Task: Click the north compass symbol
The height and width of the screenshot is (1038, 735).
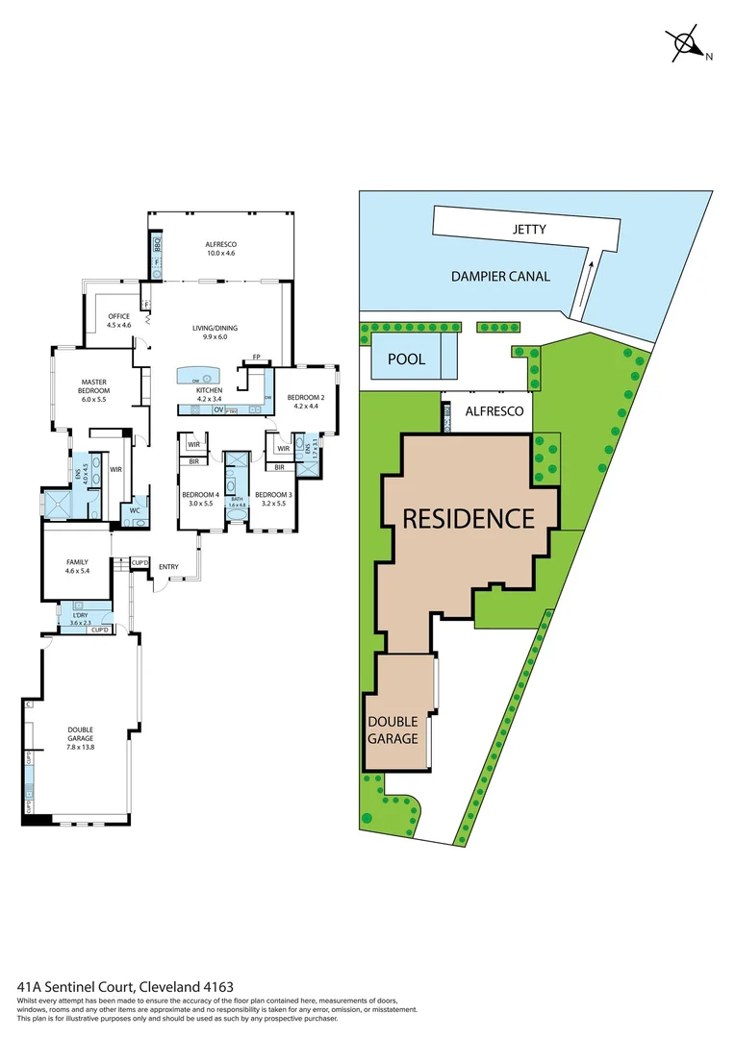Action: point(686,43)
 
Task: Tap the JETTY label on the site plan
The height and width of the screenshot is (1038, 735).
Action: point(529,230)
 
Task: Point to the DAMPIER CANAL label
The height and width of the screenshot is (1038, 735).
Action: point(500,277)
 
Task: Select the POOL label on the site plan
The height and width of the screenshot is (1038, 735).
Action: point(407,359)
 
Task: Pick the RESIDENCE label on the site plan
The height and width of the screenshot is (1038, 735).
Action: point(468,519)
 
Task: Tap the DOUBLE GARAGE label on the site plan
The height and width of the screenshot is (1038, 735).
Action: point(393,730)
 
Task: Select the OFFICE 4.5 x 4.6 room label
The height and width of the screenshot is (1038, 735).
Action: point(118,321)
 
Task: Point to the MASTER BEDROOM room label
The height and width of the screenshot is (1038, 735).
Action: point(93,386)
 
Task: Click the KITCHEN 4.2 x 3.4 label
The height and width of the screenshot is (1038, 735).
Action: point(209,394)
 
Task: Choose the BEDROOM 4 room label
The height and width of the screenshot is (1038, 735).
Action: point(201,499)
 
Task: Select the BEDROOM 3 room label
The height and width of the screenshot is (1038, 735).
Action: point(273,499)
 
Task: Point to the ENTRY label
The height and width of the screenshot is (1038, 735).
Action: point(168,567)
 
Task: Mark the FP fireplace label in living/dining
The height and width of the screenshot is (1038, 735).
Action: point(257,358)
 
